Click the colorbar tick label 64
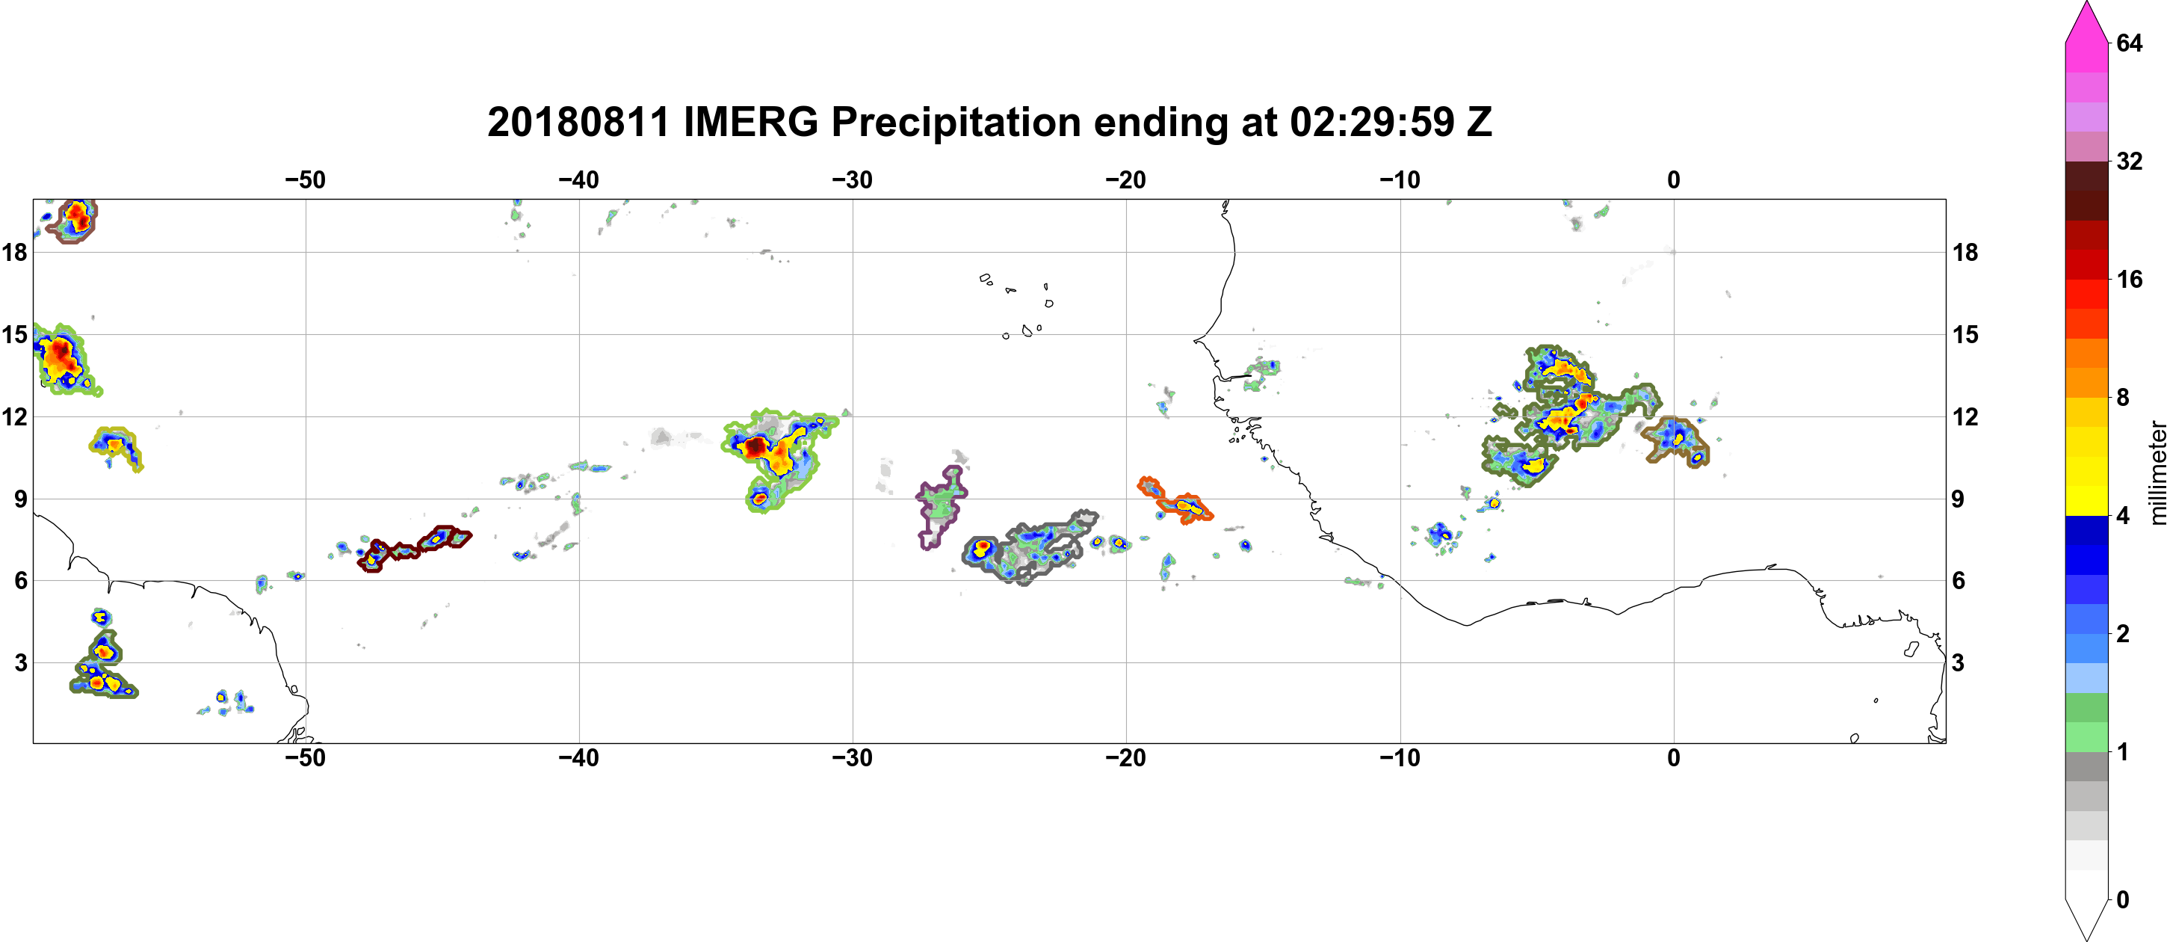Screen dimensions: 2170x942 pyautogui.click(x=2130, y=43)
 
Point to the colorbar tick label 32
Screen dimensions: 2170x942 pyautogui.click(x=2130, y=161)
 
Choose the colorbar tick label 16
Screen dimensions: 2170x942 pyautogui.click(x=2130, y=280)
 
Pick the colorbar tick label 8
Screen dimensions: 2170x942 pyautogui.click(x=2123, y=398)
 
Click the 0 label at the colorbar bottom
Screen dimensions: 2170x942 pyautogui.click(x=2123, y=900)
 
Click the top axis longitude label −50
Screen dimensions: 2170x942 pyautogui.click(x=305, y=180)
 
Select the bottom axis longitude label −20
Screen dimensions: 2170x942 pyautogui.click(x=1126, y=758)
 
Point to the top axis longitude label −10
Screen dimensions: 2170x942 pyautogui.click(x=1400, y=180)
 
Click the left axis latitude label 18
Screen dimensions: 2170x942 pyautogui.click(x=14, y=252)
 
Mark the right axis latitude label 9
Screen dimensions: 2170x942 pyautogui.click(x=1959, y=499)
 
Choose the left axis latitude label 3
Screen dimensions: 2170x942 pyautogui.click(x=20, y=663)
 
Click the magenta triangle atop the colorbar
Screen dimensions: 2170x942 pyautogui.click(x=2086, y=21)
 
